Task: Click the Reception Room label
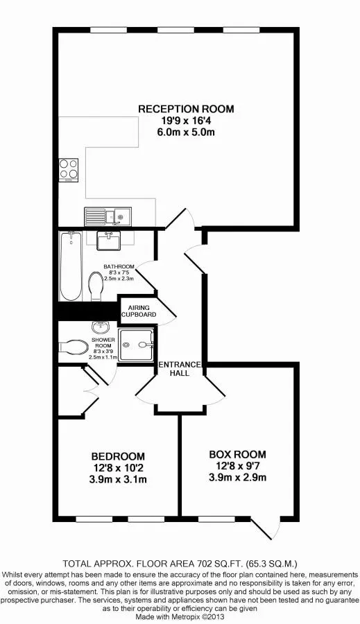186,108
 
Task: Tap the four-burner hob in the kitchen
69,170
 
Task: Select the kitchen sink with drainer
108,216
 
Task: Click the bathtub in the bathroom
71,267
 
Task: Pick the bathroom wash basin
108,241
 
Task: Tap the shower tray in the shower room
136,345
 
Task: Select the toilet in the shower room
74,346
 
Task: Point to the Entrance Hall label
180,369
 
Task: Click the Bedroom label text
118,456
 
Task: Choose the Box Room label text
238,454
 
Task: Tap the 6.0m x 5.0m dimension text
186,132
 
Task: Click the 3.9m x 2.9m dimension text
238,477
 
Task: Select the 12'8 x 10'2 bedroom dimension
118,468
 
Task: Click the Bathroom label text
119,266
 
